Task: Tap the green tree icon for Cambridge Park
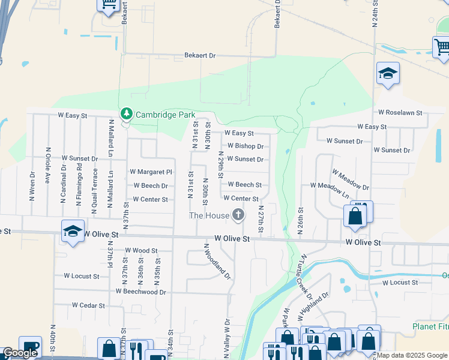(x=126, y=113)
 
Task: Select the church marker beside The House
(x=238, y=215)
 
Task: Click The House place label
(x=209, y=215)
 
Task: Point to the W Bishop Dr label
(x=246, y=146)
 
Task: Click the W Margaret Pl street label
(x=151, y=172)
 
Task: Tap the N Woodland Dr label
(x=217, y=262)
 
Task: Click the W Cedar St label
(x=88, y=305)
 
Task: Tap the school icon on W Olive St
(x=72, y=231)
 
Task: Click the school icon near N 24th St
(x=388, y=74)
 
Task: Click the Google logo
(x=20, y=353)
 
